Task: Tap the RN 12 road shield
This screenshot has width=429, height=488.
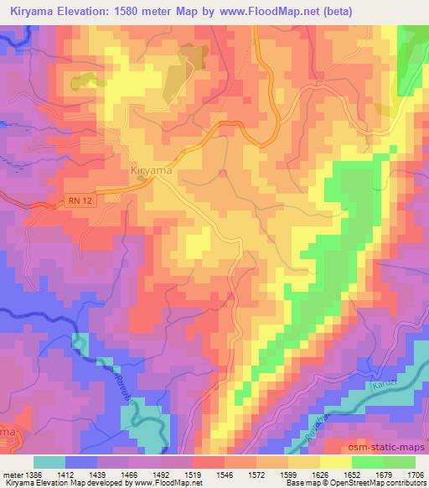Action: (x=75, y=199)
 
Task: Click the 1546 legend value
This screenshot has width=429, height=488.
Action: (x=202, y=474)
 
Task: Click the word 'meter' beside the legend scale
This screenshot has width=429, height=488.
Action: (x=12, y=474)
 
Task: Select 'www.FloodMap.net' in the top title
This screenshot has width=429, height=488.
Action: (x=275, y=11)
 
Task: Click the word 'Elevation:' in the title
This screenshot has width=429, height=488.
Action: (x=101, y=11)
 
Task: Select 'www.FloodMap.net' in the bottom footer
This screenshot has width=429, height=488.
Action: (x=168, y=483)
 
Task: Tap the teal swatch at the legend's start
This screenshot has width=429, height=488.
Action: (x=49, y=462)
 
